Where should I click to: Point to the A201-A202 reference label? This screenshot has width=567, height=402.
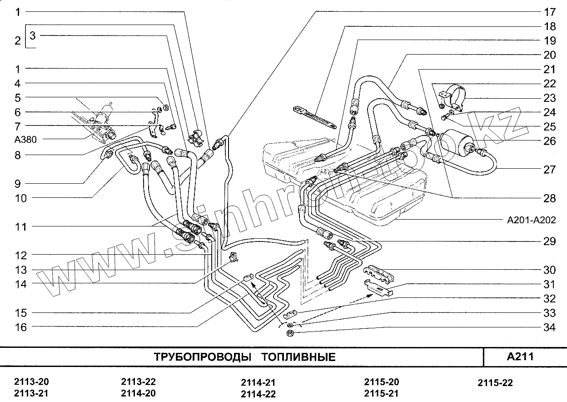point(531,221)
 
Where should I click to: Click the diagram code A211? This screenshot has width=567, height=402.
point(520,356)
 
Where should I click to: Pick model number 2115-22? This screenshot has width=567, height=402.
point(495,383)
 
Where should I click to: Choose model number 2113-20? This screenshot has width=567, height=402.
point(31,382)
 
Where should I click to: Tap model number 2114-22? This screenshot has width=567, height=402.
point(258,394)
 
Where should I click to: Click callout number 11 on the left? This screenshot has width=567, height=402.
point(20,226)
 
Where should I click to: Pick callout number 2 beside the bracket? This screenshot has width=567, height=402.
point(17,41)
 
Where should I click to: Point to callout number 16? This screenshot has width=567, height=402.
point(20,327)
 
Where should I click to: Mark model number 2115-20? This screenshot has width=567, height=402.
point(382,382)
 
